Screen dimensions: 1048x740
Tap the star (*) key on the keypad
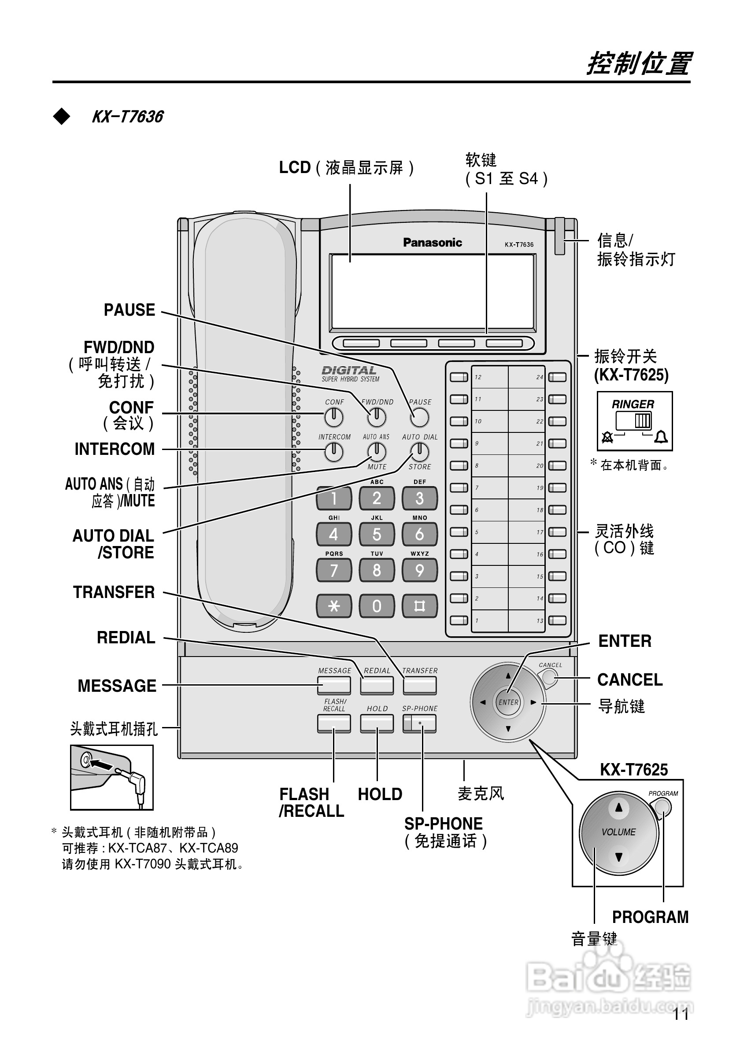pos(334,606)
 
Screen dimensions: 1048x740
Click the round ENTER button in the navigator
pos(508,702)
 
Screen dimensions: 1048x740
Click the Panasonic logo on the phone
pos(432,243)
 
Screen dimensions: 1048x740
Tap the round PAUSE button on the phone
pos(419,417)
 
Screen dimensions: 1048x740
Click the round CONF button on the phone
pos(334,417)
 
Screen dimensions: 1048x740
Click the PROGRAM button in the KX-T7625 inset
pos(662,808)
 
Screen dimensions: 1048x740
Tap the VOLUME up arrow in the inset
pos(619,808)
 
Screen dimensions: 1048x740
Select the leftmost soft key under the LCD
pos(361,343)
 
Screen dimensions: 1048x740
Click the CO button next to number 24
pos(557,377)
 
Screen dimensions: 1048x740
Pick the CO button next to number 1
pos(459,620)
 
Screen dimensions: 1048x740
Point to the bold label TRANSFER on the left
pos(114,592)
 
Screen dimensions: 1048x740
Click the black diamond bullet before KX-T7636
pos(61,117)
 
